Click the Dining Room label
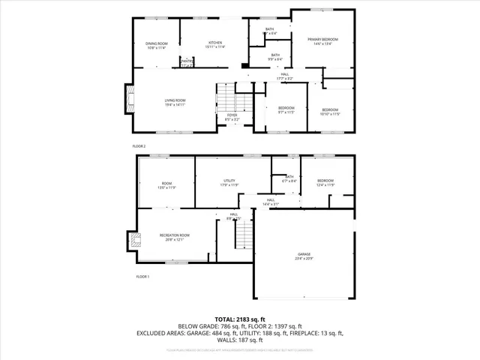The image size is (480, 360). [x=157, y=46]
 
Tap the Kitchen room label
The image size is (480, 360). [x=215, y=46]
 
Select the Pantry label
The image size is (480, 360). [x=187, y=64]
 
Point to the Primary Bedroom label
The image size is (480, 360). [x=322, y=41]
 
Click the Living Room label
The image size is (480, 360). [x=175, y=102]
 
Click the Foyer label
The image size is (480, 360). [x=232, y=117]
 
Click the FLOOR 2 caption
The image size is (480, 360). [x=139, y=145]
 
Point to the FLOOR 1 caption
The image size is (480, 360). [x=142, y=277]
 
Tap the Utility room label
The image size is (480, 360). [x=229, y=184]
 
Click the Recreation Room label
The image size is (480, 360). [x=174, y=238]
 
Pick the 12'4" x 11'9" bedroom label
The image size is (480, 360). [x=325, y=182]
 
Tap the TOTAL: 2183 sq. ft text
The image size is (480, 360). [x=240, y=319]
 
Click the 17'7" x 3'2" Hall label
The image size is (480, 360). [x=284, y=76]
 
